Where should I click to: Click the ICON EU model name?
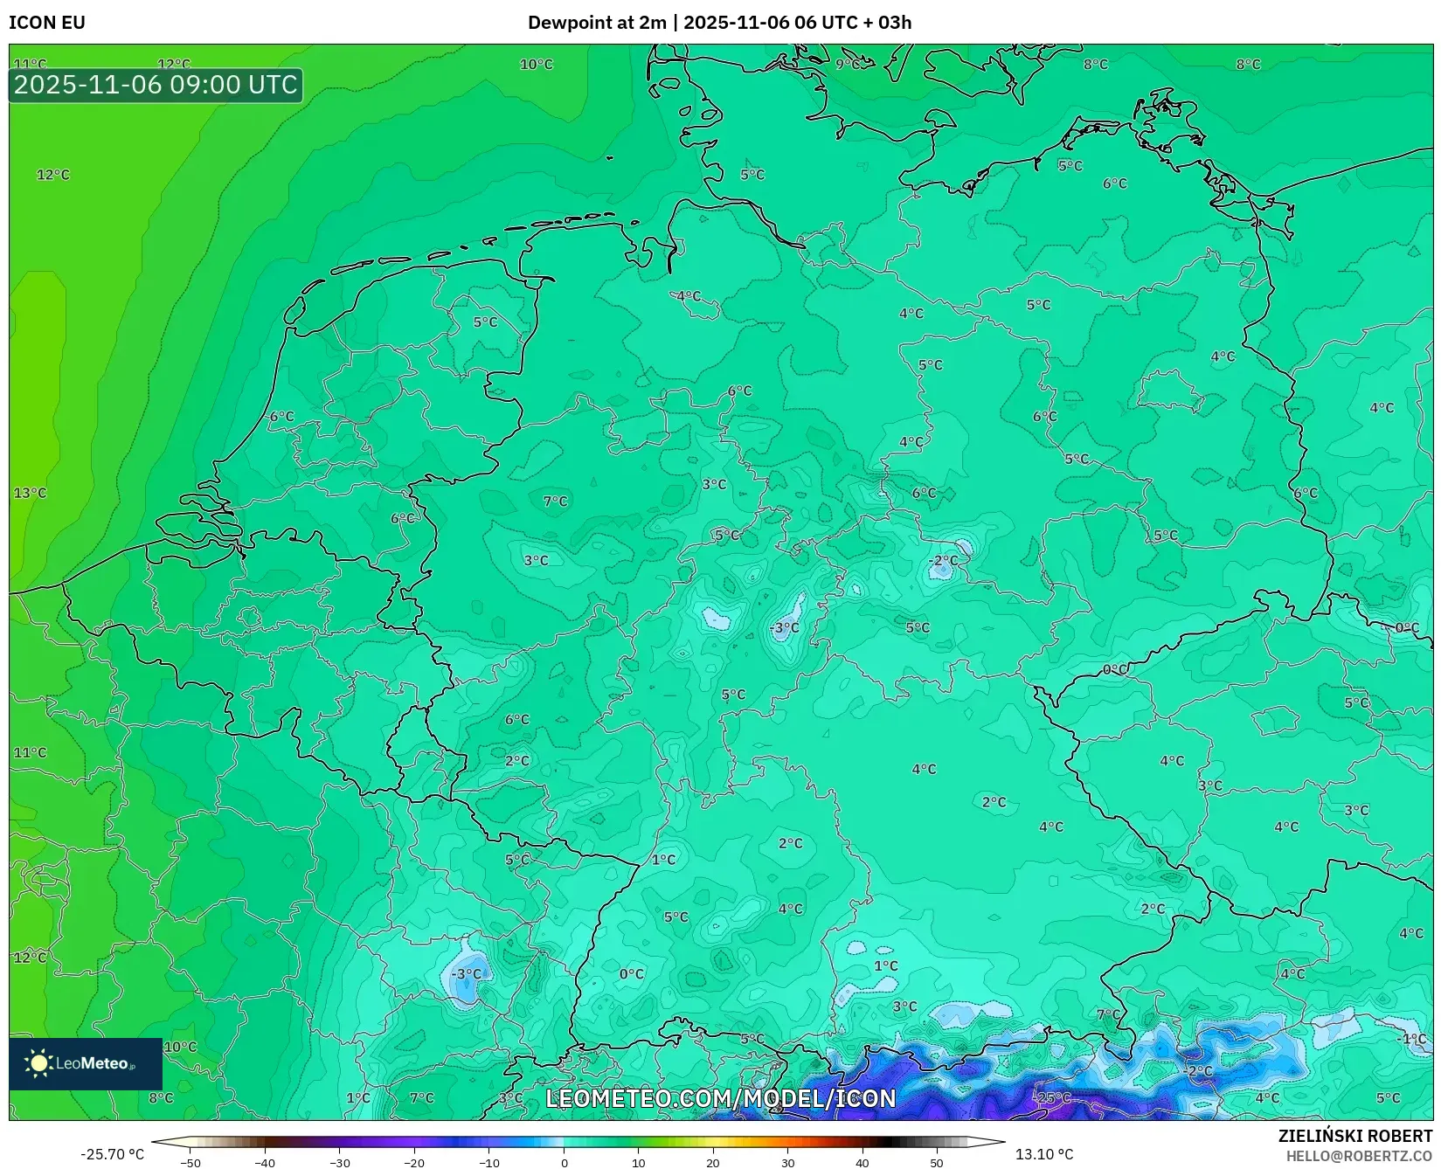click(x=47, y=23)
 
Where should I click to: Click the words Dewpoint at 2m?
click(x=597, y=23)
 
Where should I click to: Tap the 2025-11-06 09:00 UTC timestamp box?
click(x=156, y=86)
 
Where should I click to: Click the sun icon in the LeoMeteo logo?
click(x=38, y=1063)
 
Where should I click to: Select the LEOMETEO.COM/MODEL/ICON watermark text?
click(x=721, y=1098)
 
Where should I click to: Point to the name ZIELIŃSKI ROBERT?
click(x=1355, y=1136)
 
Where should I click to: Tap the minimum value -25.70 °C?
click(x=112, y=1154)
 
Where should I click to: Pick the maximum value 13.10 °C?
click(x=1044, y=1154)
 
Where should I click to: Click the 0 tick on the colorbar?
click(x=564, y=1162)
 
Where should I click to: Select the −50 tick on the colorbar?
click(x=190, y=1162)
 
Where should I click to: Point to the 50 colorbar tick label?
click(x=937, y=1162)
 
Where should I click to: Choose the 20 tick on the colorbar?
click(x=713, y=1162)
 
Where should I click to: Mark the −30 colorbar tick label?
click(x=339, y=1162)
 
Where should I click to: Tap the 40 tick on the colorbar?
click(x=863, y=1162)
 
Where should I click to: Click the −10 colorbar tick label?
click(x=488, y=1162)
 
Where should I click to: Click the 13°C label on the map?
click(x=30, y=493)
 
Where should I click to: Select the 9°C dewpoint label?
click(x=848, y=64)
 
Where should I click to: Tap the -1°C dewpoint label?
click(x=1412, y=1039)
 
